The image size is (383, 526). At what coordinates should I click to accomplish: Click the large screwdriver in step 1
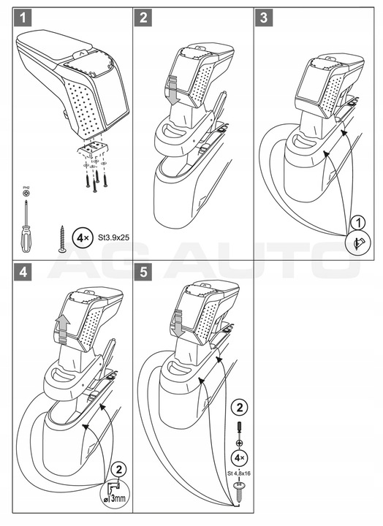coord(26,225)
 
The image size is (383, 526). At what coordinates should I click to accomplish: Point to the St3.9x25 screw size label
coord(104,238)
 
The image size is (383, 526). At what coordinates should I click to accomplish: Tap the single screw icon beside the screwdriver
coord(62,239)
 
